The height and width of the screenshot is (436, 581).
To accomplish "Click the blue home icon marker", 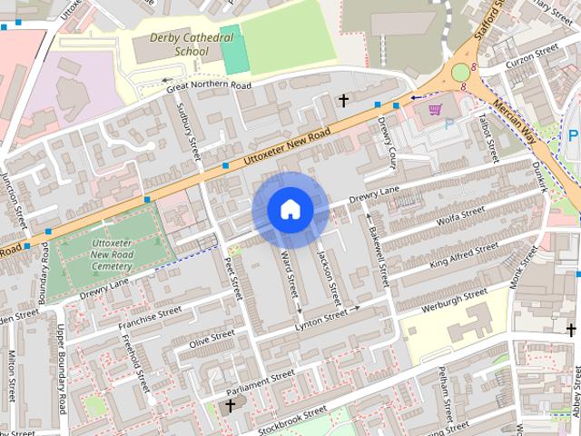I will point(290,210).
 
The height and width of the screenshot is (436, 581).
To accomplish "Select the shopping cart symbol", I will point(435,110).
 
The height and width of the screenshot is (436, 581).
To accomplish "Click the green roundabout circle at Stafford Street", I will point(461,72).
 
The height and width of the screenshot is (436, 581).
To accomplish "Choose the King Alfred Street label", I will point(463,253).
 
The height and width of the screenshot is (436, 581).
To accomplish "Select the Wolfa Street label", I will point(459,220).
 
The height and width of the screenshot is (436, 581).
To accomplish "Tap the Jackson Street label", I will point(328,277).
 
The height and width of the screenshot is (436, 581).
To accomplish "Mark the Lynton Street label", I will point(321,314).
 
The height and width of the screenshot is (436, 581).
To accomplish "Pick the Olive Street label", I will point(211,339).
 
